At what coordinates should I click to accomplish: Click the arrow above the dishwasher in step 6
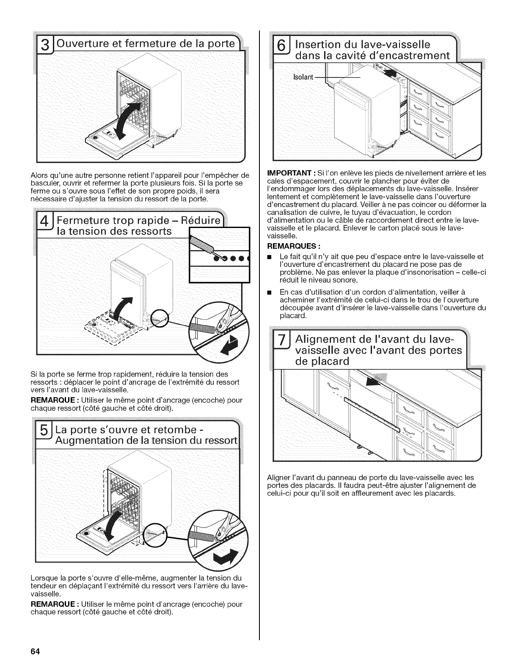point(391,72)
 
